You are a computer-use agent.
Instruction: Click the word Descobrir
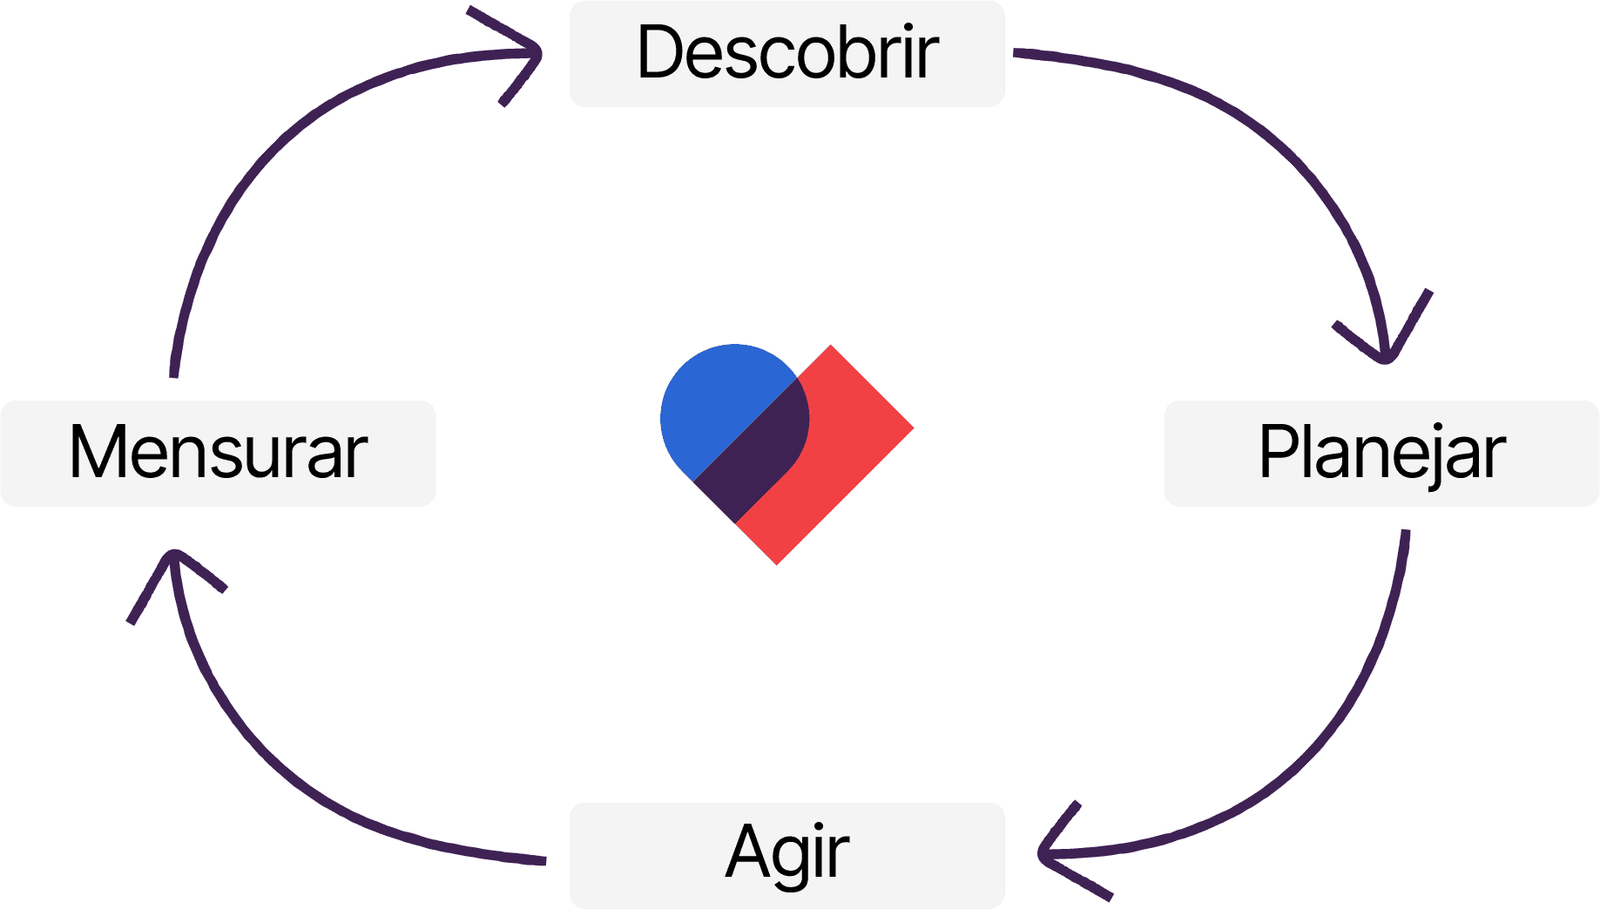tap(787, 52)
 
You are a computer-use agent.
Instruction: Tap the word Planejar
tap(1382, 453)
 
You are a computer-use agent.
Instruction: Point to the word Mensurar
tap(218, 453)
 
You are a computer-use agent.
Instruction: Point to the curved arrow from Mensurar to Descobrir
tap(261, 157)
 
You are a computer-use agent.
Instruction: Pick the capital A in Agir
tap(747, 852)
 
